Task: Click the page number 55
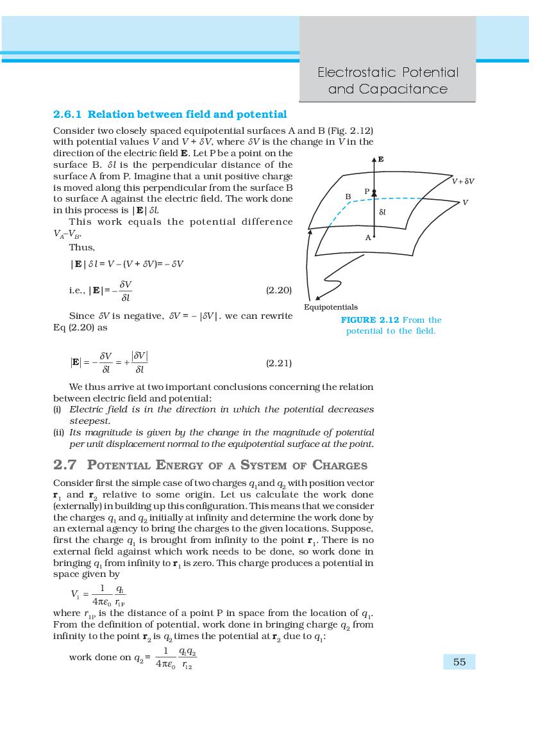459,662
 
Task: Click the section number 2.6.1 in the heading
67,115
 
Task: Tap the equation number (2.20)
278,290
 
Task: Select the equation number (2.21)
278,363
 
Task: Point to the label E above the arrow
381,159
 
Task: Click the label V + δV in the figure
462,181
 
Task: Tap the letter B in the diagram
348,197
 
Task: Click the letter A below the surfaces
368,238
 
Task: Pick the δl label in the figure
382,211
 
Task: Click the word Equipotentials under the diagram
331,307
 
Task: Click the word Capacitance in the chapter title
387,89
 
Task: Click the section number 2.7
65,465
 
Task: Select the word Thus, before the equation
82,248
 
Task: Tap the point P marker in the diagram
374,193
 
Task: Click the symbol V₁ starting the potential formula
76,593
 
